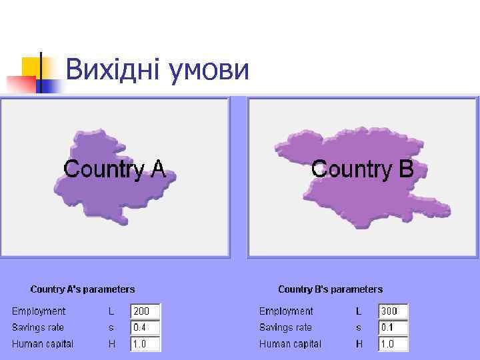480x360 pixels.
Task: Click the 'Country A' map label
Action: pyautogui.click(x=115, y=169)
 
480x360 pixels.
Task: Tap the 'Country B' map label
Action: pyautogui.click(x=363, y=169)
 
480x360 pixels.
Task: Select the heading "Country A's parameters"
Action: pyautogui.click(x=83, y=289)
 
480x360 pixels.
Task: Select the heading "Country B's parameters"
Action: pyautogui.click(x=330, y=289)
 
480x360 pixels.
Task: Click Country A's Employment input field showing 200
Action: pyautogui.click(x=146, y=311)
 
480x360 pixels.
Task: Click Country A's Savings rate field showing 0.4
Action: pyautogui.click(x=146, y=328)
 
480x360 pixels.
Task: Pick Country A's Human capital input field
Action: pyautogui.click(x=146, y=345)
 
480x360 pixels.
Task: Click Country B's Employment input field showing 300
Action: pyautogui.click(x=393, y=311)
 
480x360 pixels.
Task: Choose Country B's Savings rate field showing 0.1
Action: pyautogui.click(x=393, y=328)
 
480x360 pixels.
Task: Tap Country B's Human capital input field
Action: pyautogui.click(x=393, y=345)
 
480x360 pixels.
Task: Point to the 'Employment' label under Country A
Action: pyautogui.click(x=39, y=311)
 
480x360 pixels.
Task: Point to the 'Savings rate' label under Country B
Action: pyautogui.click(x=285, y=328)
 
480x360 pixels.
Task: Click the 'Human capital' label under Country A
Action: pyautogui.click(x=43, y=345)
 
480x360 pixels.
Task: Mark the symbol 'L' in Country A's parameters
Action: pyautogui.click(x=112, y=311)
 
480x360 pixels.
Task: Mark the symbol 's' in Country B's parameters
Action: pyautogui.click(x=359, y=328)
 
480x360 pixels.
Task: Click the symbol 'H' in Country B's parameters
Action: pyautogui.click(x=359, y=345)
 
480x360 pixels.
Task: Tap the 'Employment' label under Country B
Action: pyautogui.click(x=286, y=311)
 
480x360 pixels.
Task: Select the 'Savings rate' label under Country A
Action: pyautogui.click(x=38, y=328)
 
